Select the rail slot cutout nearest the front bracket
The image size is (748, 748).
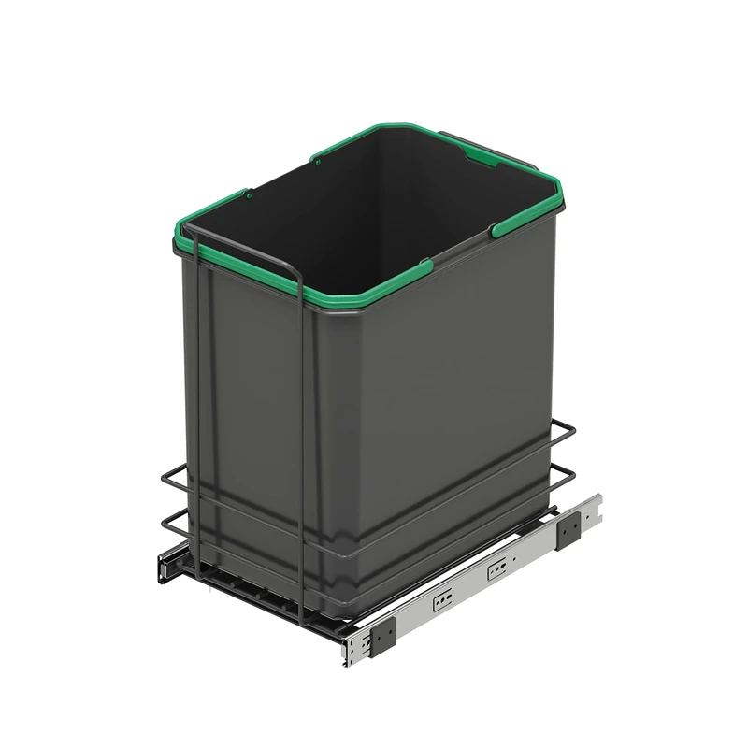pyautogui.click(x=441, y=600)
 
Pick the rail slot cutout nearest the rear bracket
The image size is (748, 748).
pyautogui.click(x=497, y=567)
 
